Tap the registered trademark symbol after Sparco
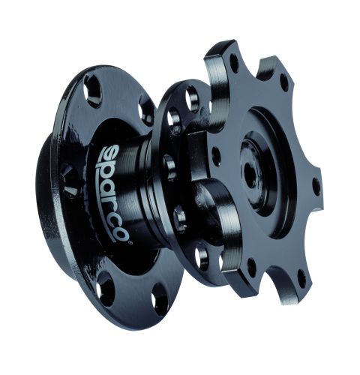tap(128, 241)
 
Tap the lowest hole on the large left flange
tap(160, 302)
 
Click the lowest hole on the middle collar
tap(201, 259)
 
